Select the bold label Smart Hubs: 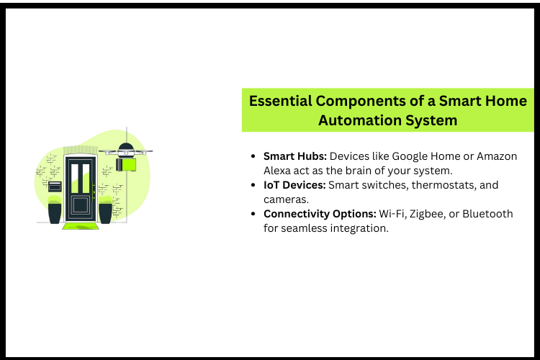(295, 156)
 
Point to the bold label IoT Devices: (294, 185)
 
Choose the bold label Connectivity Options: (317, 214)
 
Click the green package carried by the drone (128, 165)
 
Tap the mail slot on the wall (55, 187)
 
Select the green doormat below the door (80, 226)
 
